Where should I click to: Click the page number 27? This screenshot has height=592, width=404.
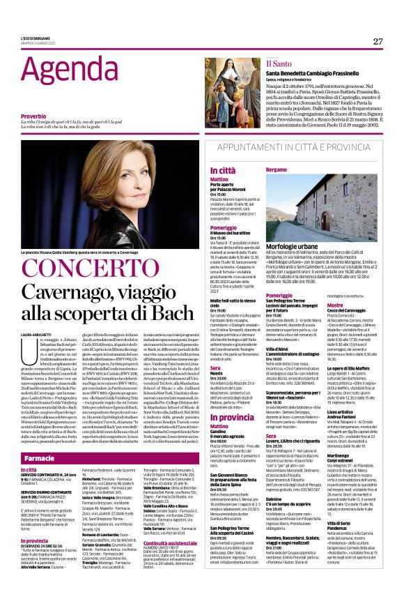point(378,41)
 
